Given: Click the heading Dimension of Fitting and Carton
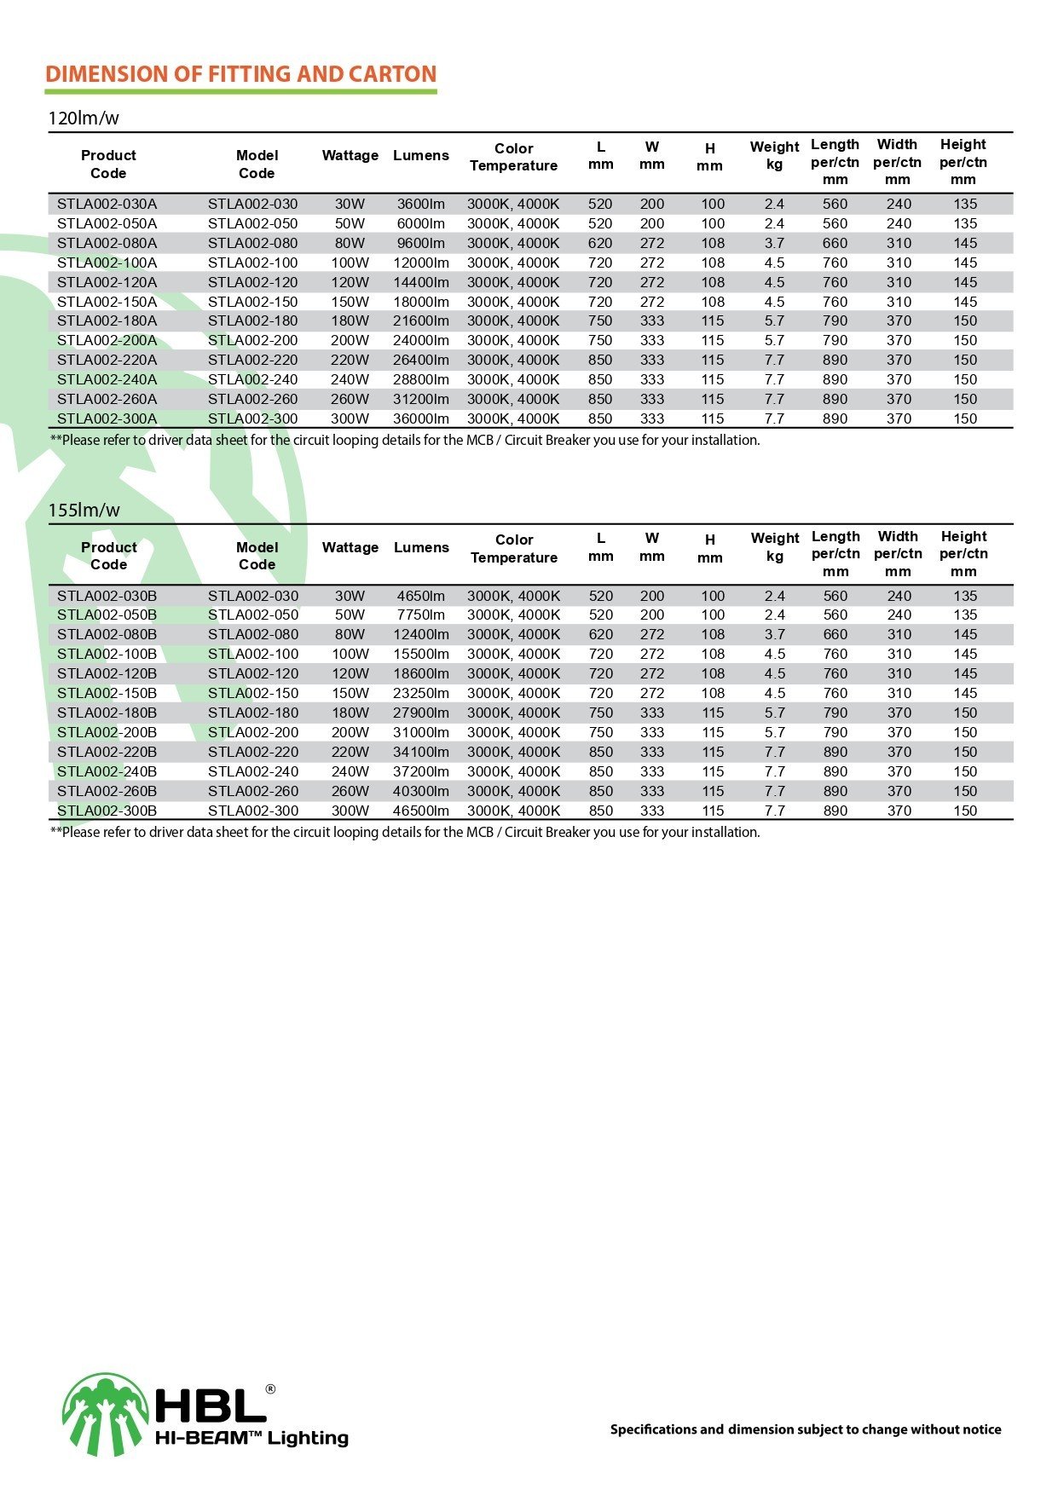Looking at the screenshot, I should click(x=240, y=74).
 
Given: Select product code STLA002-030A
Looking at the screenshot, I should click(x=107, y=205).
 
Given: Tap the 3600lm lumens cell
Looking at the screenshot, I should click(x=421, y=205).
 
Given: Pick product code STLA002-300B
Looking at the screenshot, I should click(x=107, y=811).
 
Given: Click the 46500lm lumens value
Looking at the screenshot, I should click(x=421, y=811).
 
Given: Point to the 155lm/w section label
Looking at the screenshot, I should click(x=84, y=511).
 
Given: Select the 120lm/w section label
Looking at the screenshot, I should click(x=84, y=118).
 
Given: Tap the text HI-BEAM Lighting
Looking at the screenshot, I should click(x=251, y=1439).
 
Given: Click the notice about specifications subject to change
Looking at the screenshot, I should click(x=806, y=1429).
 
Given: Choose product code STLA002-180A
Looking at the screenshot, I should click(x=107, y=321).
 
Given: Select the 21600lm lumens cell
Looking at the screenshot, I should click(x=421, y=321).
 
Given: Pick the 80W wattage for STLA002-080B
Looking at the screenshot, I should click(x=350, y=635).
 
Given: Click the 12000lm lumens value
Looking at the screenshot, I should click(x=421, y=263).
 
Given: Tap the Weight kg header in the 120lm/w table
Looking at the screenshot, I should click(x=774, y=155).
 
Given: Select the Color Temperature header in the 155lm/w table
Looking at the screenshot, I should click(x=514, y=549).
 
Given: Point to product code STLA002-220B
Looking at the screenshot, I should click(x=107, y=753).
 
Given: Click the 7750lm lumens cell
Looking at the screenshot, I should click(x=421, y=615).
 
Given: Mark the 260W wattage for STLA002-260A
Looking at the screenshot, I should click(x=350, y=400).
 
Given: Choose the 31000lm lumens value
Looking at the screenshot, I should click(x=421, y=733).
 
